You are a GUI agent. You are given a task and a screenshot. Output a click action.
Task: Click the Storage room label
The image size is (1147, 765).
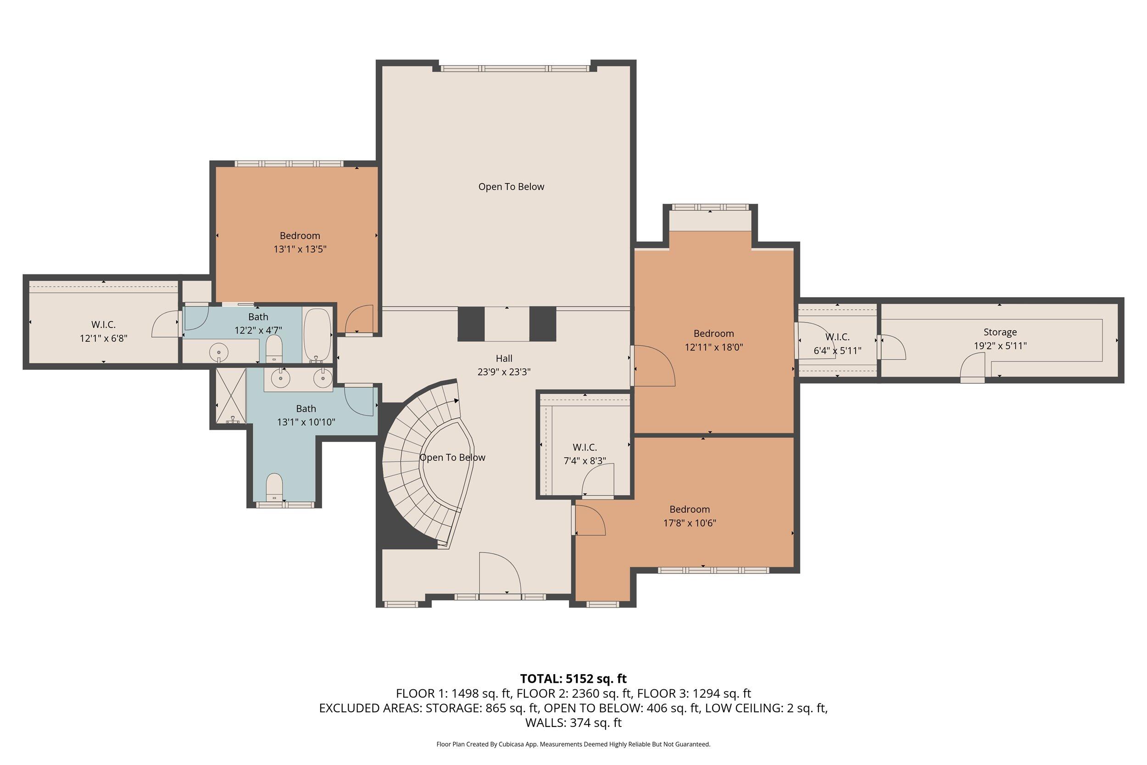coord(1000,332)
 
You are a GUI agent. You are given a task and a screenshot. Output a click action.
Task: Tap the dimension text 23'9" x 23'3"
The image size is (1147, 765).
coord(504,372)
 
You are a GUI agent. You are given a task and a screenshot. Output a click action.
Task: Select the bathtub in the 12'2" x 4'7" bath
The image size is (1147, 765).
coord(317,335)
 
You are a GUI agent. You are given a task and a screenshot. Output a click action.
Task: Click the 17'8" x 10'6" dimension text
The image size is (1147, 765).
coord(689,524)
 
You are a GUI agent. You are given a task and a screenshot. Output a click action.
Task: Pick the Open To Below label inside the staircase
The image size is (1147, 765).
coord(452,458)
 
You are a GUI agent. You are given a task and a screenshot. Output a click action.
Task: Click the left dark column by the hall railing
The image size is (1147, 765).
coord(471,324)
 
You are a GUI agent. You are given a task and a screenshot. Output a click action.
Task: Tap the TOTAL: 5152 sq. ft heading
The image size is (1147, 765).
coord(573,679)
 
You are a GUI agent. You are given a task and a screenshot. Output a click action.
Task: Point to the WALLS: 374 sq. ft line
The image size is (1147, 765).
coord(573,723)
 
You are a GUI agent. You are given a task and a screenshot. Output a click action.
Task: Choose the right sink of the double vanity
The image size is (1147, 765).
coord(323,377)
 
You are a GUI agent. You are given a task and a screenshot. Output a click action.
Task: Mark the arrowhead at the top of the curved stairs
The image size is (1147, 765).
coord(457,401)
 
